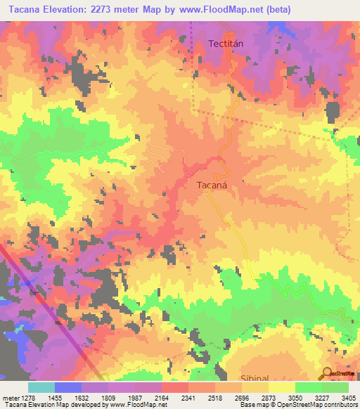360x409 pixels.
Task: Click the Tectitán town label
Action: (x=226, y=44)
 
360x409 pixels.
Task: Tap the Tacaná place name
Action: (x=208, y=188)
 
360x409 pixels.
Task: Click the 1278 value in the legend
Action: (x=25, y=398)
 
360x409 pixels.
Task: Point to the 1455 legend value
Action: (x=55, y=398)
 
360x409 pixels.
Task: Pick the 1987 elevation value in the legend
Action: (x=135, y=398)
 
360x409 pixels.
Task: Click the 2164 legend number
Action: (x=162, y=398)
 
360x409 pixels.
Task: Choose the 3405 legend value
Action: (x=348, y=398)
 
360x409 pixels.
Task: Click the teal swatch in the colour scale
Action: (x=41, y=387)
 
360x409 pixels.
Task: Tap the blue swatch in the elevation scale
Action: (x=68, y=387)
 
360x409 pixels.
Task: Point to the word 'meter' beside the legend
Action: (x=8, y=398)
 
